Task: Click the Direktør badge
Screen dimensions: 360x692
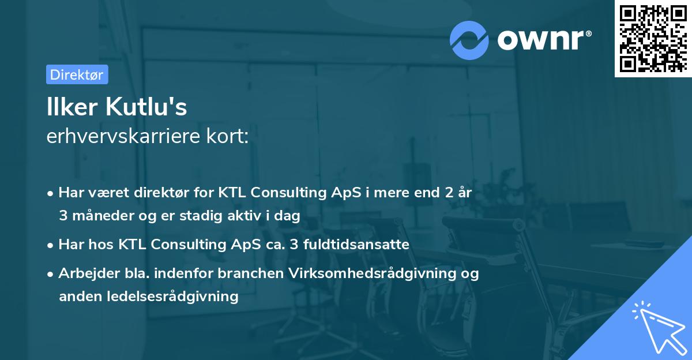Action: (77, 74)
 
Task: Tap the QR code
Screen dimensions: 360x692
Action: (652, 39)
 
